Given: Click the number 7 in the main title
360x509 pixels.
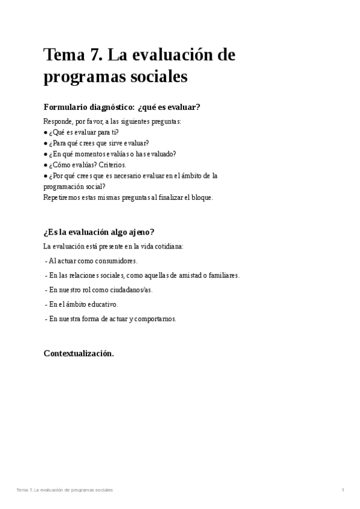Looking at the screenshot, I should coord(96,55).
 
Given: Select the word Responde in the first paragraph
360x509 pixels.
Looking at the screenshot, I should coord(58,121).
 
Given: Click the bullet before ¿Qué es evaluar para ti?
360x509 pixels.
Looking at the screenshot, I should coord(46,132).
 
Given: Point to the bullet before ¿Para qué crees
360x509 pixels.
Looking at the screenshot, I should coord(46,143).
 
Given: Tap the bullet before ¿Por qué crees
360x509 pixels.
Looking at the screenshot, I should coord(46,175).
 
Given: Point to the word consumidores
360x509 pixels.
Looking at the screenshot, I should coord(115,261).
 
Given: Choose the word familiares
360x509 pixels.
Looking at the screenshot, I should coord(220,275).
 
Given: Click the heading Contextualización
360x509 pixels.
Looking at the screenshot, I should coord(79,354).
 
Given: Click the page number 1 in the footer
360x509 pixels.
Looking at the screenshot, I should coord(343,490).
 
